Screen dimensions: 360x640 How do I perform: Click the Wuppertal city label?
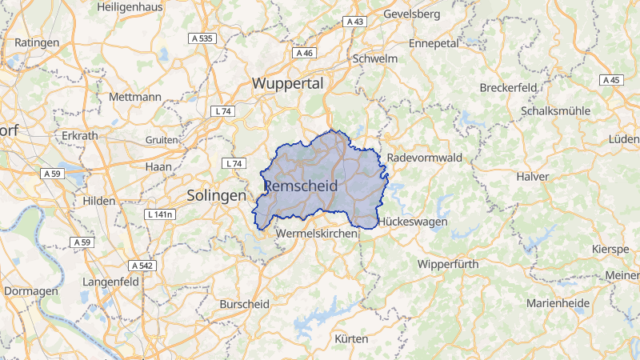[x=287, y=83]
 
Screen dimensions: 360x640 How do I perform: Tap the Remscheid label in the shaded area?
[x=300, y=186]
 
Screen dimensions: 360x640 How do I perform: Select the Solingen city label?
[x=216, y=195]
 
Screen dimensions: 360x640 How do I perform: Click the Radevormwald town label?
[x=425, y=158]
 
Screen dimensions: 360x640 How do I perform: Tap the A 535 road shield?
[x=202, y=38]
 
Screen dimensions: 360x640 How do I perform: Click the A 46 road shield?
[x=304, y=53]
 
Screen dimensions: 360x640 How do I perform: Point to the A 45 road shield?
[x=611, y=80]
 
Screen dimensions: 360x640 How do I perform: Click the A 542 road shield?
[x=142, y=265]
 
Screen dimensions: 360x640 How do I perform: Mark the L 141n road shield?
[x=161, y=215]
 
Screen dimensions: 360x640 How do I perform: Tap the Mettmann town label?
[x=134, y=97]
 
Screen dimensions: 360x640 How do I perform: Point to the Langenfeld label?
[x=111, y=282]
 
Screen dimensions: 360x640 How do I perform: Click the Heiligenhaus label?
[x=129, y=6]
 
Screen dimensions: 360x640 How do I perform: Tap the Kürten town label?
[x=351, y=338]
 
